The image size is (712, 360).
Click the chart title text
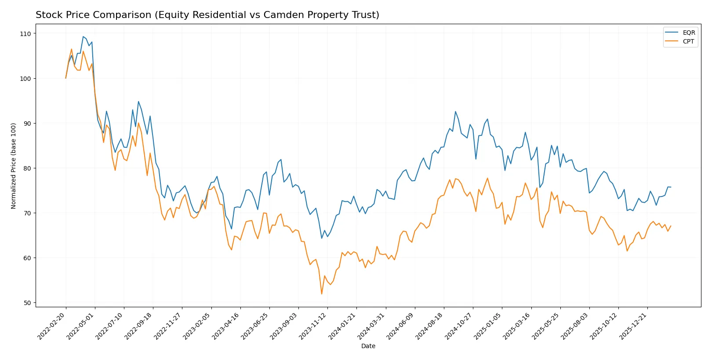(x=207, y=15)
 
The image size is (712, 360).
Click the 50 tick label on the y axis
(x=27, y=303)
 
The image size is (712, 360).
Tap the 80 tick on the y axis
(x=27, y=168)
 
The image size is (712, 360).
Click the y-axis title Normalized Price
(x=14, y=166)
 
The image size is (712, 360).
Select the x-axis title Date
(x=368, y=346)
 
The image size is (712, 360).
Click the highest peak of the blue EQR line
(x=83, y=36)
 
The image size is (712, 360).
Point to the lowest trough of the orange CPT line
(x=322, y=294)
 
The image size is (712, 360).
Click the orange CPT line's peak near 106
(x=72, y=49)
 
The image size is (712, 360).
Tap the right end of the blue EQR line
(x=671, y=187)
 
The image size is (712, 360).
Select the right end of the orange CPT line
(x=671, y=226)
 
